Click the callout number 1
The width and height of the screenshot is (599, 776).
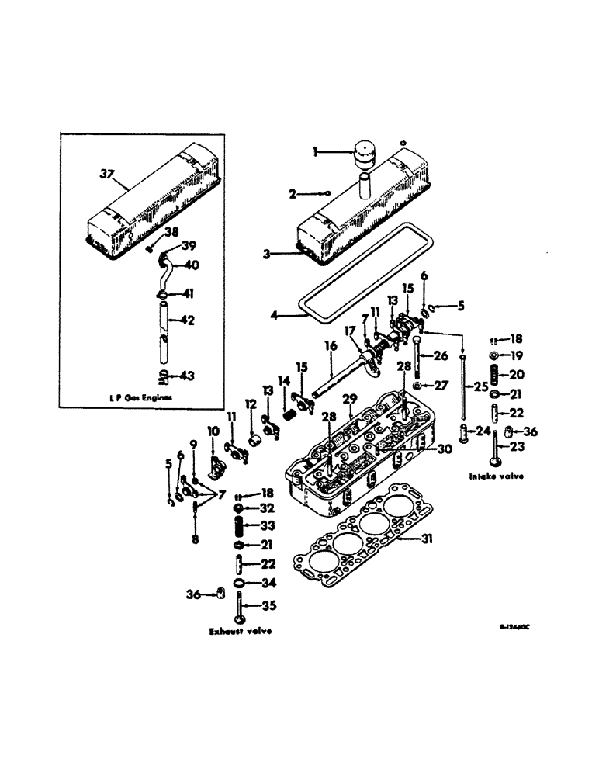click(x=317, y=152)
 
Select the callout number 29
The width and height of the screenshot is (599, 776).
click(x=350, y=398)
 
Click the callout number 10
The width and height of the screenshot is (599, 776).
click(x=213, y=431)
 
